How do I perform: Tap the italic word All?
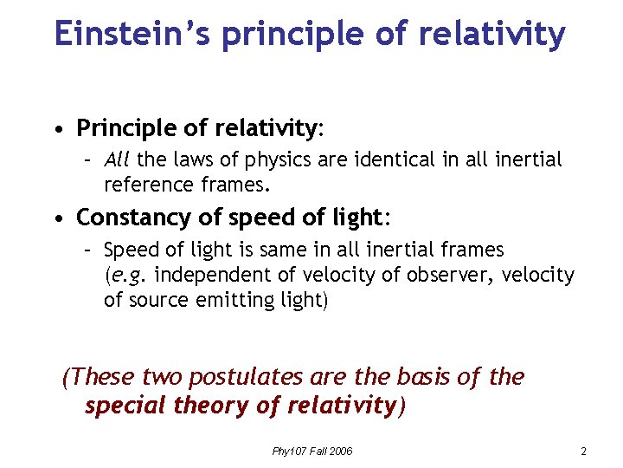117,159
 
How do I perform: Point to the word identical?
394,159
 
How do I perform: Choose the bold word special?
124,406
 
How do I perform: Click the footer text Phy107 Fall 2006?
311,452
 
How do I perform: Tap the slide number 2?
584,452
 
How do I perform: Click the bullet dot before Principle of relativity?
57,131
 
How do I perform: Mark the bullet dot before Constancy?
57,218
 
